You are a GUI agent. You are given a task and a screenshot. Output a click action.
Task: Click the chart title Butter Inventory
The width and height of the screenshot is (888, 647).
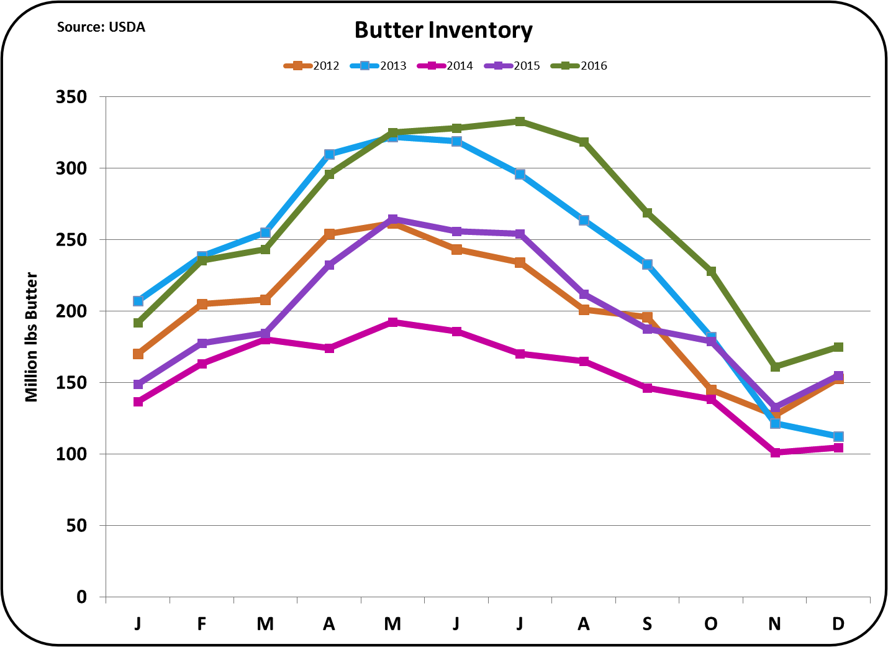coord(443,30)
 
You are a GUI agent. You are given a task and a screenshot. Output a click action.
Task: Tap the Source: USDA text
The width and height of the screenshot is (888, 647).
coord(101,27)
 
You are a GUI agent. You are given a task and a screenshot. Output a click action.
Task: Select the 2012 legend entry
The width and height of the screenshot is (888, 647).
coord(312,66)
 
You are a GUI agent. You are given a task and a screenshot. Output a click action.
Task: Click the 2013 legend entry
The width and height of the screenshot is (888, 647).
coord(379,66)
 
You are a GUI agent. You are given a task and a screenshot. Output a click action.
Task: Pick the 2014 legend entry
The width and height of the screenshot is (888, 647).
coord(446,66)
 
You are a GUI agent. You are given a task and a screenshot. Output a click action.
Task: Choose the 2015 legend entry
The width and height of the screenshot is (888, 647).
coord(513,66)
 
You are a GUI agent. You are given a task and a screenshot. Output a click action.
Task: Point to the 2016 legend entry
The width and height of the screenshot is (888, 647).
coord(580,66)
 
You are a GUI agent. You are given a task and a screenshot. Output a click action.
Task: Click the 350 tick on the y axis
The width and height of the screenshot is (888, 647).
coord(71,97)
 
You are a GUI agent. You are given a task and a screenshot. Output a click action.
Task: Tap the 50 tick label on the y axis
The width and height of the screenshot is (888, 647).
coord(76,526)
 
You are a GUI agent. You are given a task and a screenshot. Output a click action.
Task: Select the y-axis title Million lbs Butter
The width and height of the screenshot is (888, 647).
coord(32,337)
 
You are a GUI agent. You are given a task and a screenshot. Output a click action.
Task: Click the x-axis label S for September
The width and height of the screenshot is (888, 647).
coord(647,623)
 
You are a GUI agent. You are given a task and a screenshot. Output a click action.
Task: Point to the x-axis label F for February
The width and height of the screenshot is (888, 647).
coord(202,623)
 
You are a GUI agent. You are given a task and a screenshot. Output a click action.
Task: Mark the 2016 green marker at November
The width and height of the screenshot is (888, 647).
coord(775,367)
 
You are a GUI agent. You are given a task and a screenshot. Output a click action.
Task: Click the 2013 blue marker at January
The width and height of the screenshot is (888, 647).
coord(138,301)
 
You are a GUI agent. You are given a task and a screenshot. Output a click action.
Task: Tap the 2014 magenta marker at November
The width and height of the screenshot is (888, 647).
coord(775,452)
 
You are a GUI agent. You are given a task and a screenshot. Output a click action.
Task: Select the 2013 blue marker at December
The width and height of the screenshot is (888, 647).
coord(838,436)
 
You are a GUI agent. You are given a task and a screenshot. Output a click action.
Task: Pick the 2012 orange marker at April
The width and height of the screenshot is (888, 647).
coord(329,234)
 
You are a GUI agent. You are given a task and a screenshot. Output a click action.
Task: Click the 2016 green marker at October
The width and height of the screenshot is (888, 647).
coord(711,272)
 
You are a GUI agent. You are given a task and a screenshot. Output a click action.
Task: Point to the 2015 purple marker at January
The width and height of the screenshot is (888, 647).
coord(138,384)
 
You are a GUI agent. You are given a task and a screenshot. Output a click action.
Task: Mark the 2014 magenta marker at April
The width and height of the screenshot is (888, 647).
coord(329,348)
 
